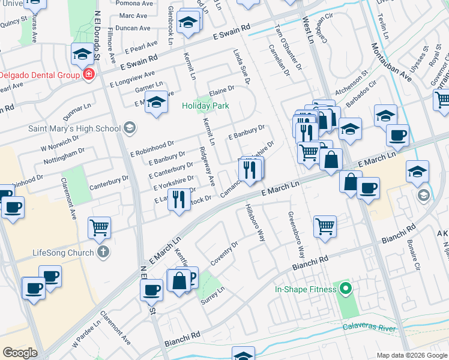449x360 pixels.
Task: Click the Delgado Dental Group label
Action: [40, 75]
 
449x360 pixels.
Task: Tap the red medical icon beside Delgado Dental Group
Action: [89, 74]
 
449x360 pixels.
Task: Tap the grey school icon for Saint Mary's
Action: [128, 127]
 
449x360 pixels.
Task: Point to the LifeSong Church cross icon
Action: [103, 252]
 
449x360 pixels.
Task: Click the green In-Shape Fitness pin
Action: [345, 289]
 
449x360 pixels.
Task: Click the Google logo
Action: [20, 352]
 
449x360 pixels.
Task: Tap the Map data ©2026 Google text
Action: [412, 355]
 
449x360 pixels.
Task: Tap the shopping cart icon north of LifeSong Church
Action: [99, 227]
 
